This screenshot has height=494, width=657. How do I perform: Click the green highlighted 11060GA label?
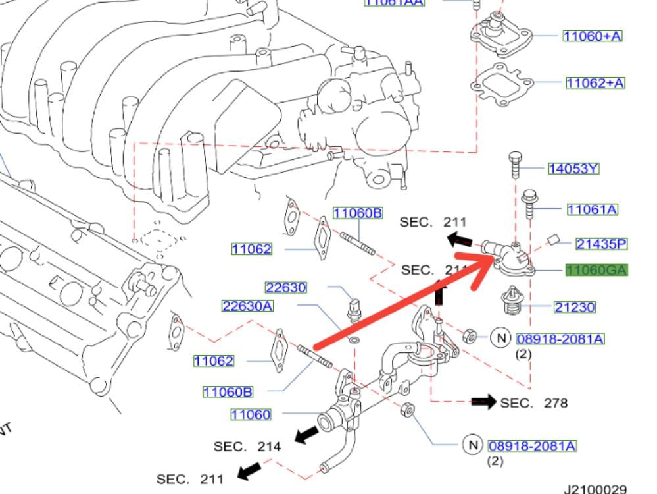pos(597,270)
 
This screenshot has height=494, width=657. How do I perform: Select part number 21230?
pos(574,307)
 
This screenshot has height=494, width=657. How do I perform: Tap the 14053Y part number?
pos(573,169)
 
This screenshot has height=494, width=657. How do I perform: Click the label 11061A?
pos(593,209)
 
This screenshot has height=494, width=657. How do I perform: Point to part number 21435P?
pos(602,244)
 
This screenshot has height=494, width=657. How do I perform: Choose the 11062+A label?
pos(595,82)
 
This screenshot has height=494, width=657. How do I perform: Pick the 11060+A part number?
pos(592,36)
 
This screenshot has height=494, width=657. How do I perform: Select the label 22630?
pos(286,287)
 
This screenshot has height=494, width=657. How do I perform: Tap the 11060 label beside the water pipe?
pos(251,414)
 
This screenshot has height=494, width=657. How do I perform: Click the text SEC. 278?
pos(534,402)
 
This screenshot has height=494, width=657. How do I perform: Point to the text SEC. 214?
pos(247,447)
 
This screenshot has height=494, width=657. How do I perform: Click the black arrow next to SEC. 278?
pos(483,402)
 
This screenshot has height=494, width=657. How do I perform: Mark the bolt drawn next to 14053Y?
pos(515,167)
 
